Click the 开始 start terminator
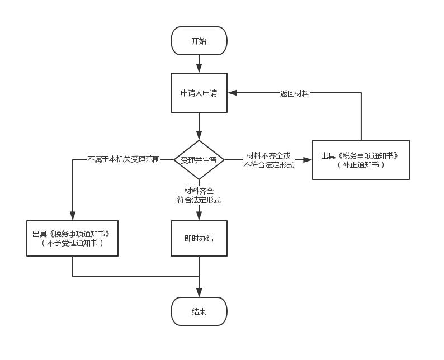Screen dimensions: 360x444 pos(199,41)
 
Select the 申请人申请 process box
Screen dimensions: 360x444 pos(199,93)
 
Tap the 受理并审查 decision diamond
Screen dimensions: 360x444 pos(199,160)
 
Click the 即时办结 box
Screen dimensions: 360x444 pos(199,238)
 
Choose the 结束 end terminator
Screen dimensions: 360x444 pos(199,311)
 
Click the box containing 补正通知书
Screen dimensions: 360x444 pos(361,160)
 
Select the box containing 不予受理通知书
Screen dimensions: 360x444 pos(72,238)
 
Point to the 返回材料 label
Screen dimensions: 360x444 pos(294,93)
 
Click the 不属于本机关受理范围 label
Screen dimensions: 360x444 pos(124,159)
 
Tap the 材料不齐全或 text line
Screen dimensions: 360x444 pos(268,155)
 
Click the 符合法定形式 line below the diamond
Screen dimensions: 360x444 pos(199,200)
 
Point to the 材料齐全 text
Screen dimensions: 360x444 pos(199,191)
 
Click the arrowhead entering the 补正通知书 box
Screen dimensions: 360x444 pos(307,160)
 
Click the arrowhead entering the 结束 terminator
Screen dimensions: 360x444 pos(199,292)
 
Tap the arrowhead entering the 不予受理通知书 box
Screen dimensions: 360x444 pos(73,216)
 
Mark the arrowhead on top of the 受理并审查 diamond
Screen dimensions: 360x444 pos(199,135)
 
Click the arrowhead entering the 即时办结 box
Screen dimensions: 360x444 pos(199,216)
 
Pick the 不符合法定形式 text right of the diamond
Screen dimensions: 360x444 pos(268,165)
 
